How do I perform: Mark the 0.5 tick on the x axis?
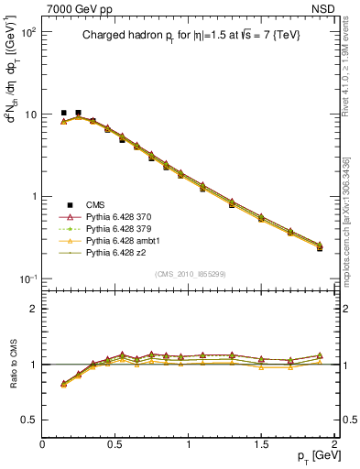point(116,444)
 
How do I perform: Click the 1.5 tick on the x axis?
point(262,444)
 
